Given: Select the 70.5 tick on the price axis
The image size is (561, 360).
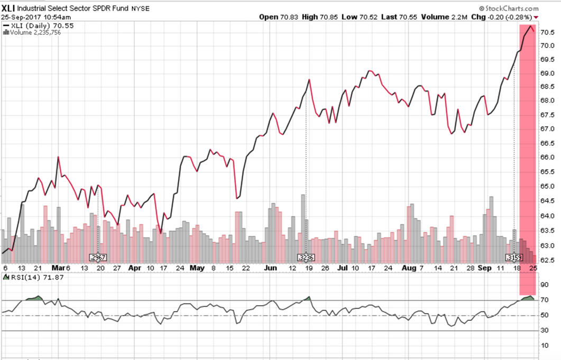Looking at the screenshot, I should [547, 32].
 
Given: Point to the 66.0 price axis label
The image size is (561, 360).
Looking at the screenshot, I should [547, 158].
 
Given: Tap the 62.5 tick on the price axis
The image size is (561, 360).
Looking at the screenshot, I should [547, 259].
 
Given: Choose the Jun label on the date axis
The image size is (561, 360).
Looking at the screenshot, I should [270, 268].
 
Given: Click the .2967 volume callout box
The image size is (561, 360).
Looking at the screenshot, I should [98, 257].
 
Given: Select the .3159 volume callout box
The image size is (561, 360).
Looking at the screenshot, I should [514, 257].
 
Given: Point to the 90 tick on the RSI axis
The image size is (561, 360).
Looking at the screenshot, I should [544, 285].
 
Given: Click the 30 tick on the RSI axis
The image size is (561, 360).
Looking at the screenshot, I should [544, 331].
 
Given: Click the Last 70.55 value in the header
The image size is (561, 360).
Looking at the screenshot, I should [400, 17].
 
